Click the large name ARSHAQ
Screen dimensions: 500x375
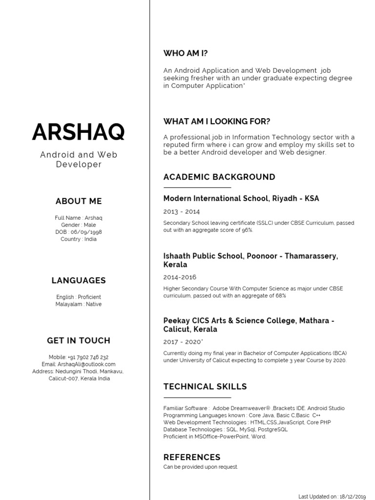pos(78,132)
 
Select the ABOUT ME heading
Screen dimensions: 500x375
pos(79,201)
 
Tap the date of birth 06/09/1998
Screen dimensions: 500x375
pos(86,232)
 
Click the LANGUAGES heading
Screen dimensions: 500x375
pos(79,280)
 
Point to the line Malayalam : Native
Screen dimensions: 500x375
pos(79,304)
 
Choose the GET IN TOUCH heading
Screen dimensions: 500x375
pos(79,340)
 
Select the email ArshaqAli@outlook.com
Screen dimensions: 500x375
pos(86,364)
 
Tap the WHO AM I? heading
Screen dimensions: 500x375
pos(188,53)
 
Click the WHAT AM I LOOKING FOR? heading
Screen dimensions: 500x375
pos(216,122)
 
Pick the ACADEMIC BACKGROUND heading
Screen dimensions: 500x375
pos(219,177)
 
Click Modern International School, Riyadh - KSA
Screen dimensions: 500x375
pos(241,199)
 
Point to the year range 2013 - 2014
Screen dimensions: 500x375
pos(181,212)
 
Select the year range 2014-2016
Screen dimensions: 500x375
pos(180,277)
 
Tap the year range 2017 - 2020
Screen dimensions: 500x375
pos(183,342)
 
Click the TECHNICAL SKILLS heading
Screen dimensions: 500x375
pos(205,387)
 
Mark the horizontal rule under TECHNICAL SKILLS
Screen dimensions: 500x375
pos(197,397)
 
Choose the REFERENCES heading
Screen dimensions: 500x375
pos(192,457)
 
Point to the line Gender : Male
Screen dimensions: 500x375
pos(79,225)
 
